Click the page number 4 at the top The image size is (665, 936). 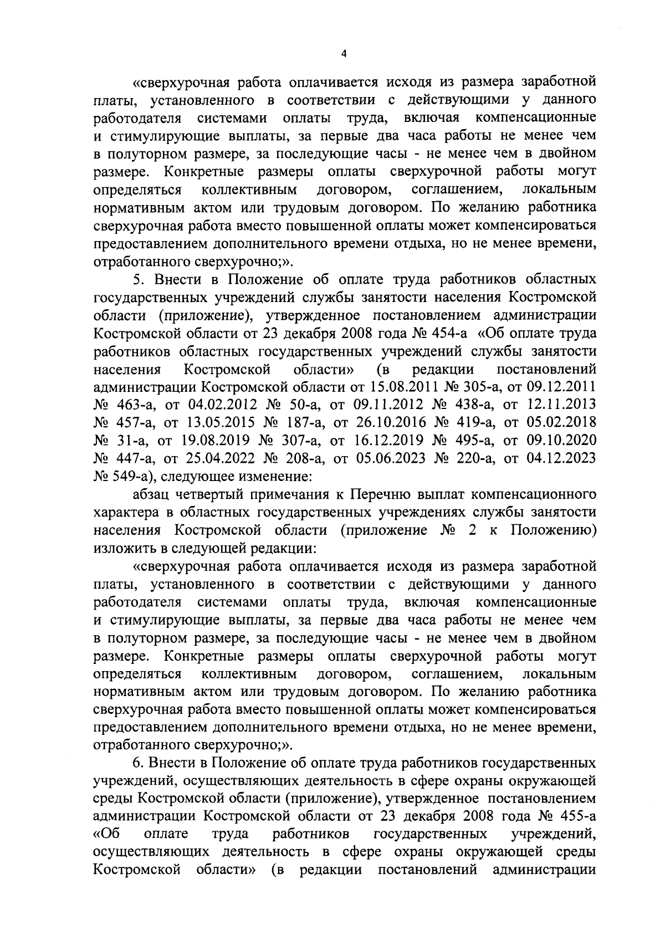[344, 54]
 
